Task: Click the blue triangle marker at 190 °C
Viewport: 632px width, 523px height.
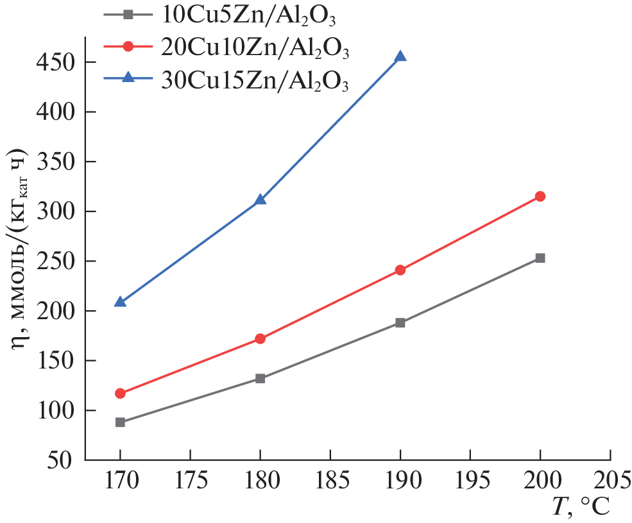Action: (400, 57)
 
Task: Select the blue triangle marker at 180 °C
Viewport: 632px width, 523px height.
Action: (260, 200)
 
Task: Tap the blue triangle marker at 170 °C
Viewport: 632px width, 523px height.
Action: (120, 302)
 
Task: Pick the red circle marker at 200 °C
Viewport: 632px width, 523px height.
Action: (540, 196)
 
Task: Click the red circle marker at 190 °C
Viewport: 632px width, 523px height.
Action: (400, 270)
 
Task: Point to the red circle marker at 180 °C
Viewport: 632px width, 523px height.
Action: (260, 338)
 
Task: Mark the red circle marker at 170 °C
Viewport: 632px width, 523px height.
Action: (120, 393)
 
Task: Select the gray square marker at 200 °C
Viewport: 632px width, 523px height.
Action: (540, 258)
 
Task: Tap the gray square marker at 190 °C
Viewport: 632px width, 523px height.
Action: (400, 322)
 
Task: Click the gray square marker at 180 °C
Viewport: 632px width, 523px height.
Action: (260, 378)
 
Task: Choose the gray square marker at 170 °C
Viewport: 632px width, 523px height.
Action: (120, 422)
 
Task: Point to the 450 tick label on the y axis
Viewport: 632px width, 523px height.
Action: (56, 62)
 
